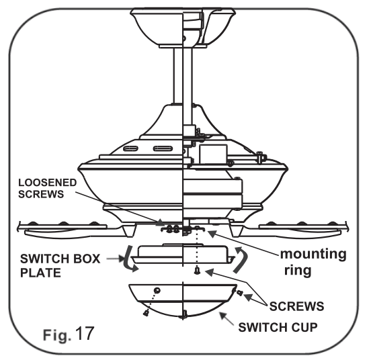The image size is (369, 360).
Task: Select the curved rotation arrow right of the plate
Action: [243, 259]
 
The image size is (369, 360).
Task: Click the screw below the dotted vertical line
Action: [196, 271]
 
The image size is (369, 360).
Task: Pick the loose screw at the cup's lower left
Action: [147, 310]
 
